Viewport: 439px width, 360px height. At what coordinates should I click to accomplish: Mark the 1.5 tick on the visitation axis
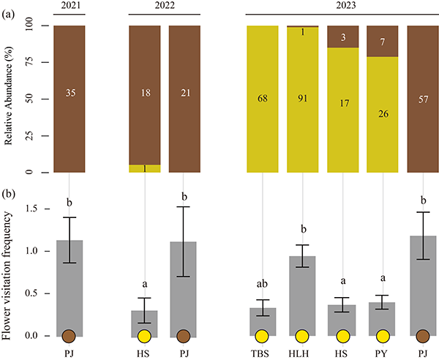(31, 209)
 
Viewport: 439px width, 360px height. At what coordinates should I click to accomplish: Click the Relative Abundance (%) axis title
(10, 99)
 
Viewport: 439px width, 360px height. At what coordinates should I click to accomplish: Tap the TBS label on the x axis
(262, 353)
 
